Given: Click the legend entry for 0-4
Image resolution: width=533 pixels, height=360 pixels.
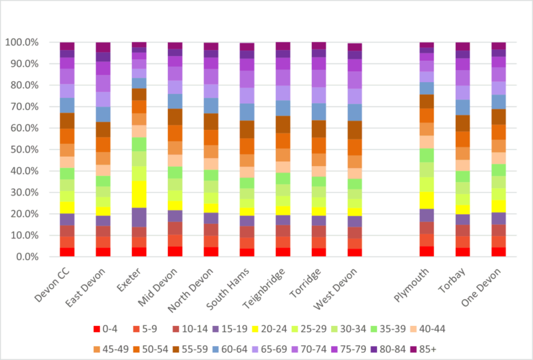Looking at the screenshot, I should click(110, 328).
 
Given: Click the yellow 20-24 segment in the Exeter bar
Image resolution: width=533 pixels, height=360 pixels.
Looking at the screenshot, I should click(139, 194).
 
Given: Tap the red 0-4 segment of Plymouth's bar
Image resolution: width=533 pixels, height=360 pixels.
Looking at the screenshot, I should click(426, 251).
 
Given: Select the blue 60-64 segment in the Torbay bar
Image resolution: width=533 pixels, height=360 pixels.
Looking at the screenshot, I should click(462, 107).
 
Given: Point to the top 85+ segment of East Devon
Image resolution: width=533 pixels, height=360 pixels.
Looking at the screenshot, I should click(103, 47).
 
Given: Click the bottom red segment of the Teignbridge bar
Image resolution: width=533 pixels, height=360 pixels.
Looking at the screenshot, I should click(282, 252).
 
